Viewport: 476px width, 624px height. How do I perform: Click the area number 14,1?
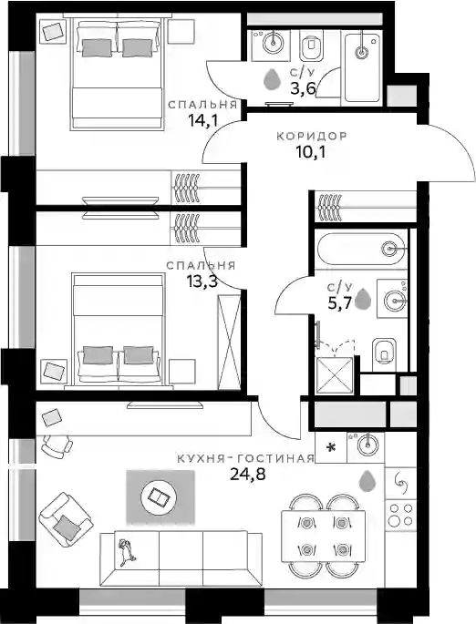click(x=203, y=119)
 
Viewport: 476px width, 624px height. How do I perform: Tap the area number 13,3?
click(x=202, y=281)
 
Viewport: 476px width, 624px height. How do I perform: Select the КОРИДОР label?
click(x=312, y=136)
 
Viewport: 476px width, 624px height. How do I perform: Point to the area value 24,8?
click(x=248, y=474)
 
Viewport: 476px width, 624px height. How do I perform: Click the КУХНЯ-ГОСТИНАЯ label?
click(x=246, y=459)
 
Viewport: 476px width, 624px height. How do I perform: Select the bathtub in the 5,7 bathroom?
click(x=362, y=250)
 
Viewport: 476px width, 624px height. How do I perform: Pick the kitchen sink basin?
click(x=366, y=446)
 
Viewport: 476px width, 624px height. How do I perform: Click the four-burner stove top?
click(x=400, y=515)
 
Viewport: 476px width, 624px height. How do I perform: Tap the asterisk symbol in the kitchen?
click(x=331, y=447)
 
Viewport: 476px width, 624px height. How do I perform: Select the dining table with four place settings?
click(x=323, y=536)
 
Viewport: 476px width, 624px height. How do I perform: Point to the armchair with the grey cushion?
click(x=66, y=519)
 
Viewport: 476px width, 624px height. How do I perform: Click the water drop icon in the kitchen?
click(x=367, y=481)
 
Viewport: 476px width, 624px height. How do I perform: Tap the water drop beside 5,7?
click(x=363, y=300)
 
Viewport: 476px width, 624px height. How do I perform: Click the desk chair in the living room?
click(x=57, y=445)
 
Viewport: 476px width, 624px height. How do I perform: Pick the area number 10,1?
click(x=311, y=151)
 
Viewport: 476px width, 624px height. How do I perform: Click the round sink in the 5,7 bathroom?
click(x=395, y=300)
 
